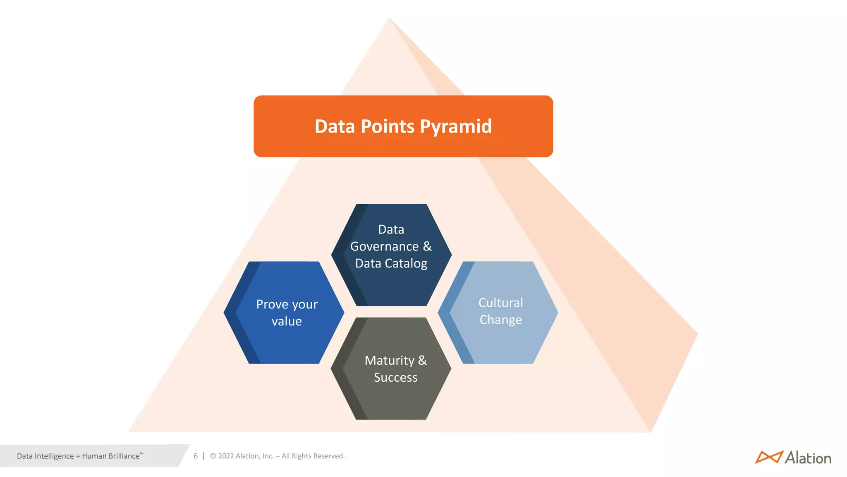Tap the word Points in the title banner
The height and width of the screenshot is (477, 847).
[x=388, y=127]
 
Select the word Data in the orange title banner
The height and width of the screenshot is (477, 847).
[x=335, y=127]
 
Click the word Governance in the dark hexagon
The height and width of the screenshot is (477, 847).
[x=385, y=246]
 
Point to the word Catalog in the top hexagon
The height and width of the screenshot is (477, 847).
[x=406, y=263]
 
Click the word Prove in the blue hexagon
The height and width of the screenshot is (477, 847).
[x=272, y=304]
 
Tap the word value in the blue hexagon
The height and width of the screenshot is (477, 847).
[x=287, y=321]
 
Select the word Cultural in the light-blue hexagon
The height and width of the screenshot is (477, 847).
[x=500, y=303]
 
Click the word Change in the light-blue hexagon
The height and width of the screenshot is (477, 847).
[x=500, y=320]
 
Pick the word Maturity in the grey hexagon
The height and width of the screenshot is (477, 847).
[x=389, y=361]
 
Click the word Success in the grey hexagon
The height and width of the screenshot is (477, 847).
[x=395, y=378]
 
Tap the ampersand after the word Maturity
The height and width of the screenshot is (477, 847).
[x=422, y=360]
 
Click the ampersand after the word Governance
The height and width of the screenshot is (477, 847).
[x=427, y=246]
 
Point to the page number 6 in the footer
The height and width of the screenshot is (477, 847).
[x=196, y=456]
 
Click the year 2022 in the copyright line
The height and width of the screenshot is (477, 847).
[x=226, y=456]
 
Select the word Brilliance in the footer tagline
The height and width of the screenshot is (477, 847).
[x=122, y=456]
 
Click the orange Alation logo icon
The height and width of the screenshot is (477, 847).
[x=768, y=457]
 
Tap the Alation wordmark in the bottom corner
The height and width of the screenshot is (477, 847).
[x=808, y=458]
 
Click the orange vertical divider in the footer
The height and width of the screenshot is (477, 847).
[x=203, y=456]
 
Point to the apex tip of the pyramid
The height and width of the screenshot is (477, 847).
[x=389, y=18]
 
